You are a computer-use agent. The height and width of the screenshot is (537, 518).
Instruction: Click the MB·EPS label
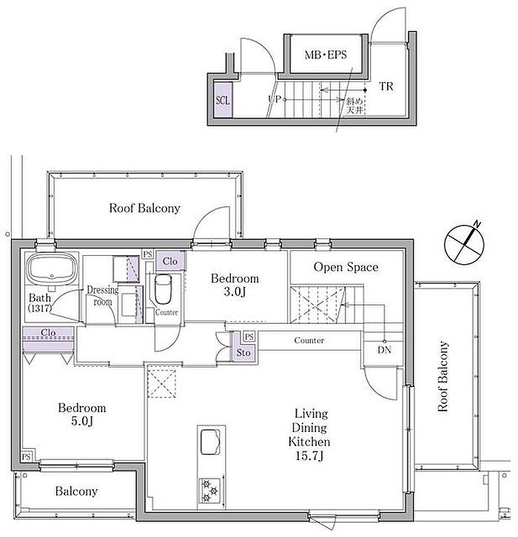(x=326, y=55)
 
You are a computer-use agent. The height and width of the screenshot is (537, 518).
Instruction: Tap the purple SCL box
(x=223, y=101)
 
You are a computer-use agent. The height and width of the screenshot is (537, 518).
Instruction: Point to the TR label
(x=386, y=87)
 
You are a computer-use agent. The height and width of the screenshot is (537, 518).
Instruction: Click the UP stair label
(x=275, y=99)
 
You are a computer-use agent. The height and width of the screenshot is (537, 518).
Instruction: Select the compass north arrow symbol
(x=464, y=244)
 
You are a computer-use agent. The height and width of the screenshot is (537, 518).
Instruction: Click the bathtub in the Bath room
(x=52, y=268)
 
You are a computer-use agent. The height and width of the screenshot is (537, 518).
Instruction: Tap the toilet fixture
(x=163, y=288)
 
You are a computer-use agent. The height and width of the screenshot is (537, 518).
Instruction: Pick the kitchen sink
(x=210, y=442)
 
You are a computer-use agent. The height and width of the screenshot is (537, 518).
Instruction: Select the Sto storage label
(x=243, y=352)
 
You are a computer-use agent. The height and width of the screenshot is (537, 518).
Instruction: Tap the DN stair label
(x=384, y=350)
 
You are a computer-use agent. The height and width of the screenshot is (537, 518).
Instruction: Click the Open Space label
(x=346, y=267)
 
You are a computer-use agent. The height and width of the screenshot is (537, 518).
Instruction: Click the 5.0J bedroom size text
(x=82, y=421)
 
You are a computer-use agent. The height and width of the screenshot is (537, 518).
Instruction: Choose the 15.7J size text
(x=309, y=456)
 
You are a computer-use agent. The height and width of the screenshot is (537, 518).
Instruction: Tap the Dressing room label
(x=102, y=296)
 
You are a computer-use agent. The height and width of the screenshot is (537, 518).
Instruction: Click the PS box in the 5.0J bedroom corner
(x=27, y=456)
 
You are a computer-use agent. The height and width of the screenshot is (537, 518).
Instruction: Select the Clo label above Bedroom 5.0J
(x=48, y=332)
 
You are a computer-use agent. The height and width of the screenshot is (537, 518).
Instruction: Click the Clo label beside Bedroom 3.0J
(x=170, y=261)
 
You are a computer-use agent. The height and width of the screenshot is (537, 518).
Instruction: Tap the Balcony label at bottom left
(x=76, y=491)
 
